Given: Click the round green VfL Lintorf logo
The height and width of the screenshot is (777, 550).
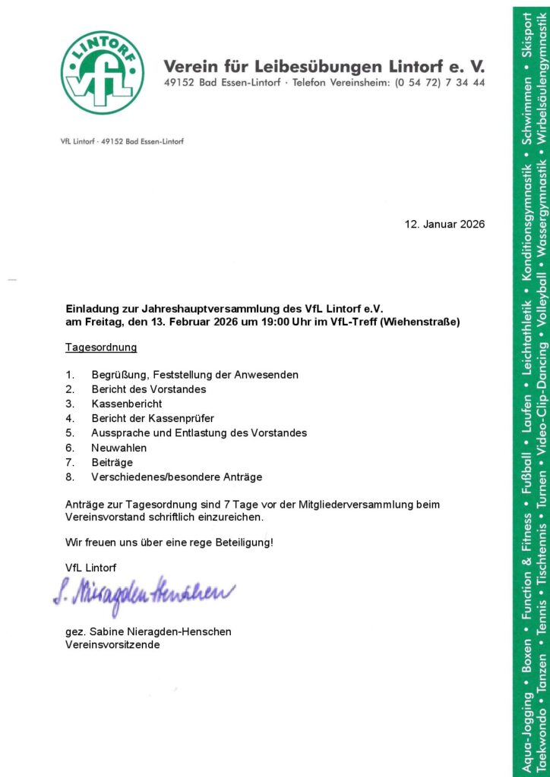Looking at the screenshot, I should pyautogui.click(x=103, y=73).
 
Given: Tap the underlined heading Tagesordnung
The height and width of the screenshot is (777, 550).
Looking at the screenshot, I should pyautogui.click(x=101, y=348).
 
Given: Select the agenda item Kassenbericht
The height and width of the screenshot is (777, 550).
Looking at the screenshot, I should pyautogui.click(x=127, y=404).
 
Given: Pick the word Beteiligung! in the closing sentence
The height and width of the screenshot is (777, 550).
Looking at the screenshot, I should pyautogui.click(x=242, y=543).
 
